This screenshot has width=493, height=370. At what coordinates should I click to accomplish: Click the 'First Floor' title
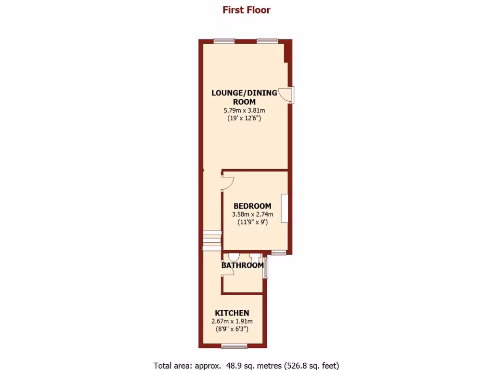[246, 10]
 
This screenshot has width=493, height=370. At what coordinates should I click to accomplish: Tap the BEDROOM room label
[252, 206]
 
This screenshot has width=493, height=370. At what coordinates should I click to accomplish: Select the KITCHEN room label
[232, 313]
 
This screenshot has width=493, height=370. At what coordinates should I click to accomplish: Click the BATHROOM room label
[242, 265]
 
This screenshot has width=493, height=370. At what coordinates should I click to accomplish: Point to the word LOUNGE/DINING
[244, 93]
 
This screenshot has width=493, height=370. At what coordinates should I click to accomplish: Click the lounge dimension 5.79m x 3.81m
[244, 110]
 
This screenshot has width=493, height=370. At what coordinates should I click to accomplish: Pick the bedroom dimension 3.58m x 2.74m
[252, 214]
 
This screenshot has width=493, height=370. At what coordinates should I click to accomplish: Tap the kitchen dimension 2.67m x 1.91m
[232, 321]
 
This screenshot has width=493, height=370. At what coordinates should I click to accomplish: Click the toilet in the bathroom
[234, 257]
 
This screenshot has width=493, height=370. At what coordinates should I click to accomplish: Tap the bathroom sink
[255, 258]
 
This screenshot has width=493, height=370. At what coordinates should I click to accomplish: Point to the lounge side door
[288, 95]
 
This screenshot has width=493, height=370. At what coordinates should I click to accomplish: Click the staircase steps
[212, 241]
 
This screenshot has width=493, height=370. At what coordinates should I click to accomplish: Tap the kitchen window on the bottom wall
[234, 345]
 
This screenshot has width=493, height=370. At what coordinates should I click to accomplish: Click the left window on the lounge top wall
[224, 41]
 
